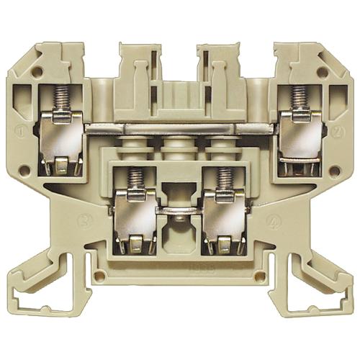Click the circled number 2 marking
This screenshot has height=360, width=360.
coord(337,132)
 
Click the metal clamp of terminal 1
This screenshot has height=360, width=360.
coord(60,144)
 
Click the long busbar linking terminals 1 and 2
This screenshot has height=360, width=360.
coord(180,128)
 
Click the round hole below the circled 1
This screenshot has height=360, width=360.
coord(25,171)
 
